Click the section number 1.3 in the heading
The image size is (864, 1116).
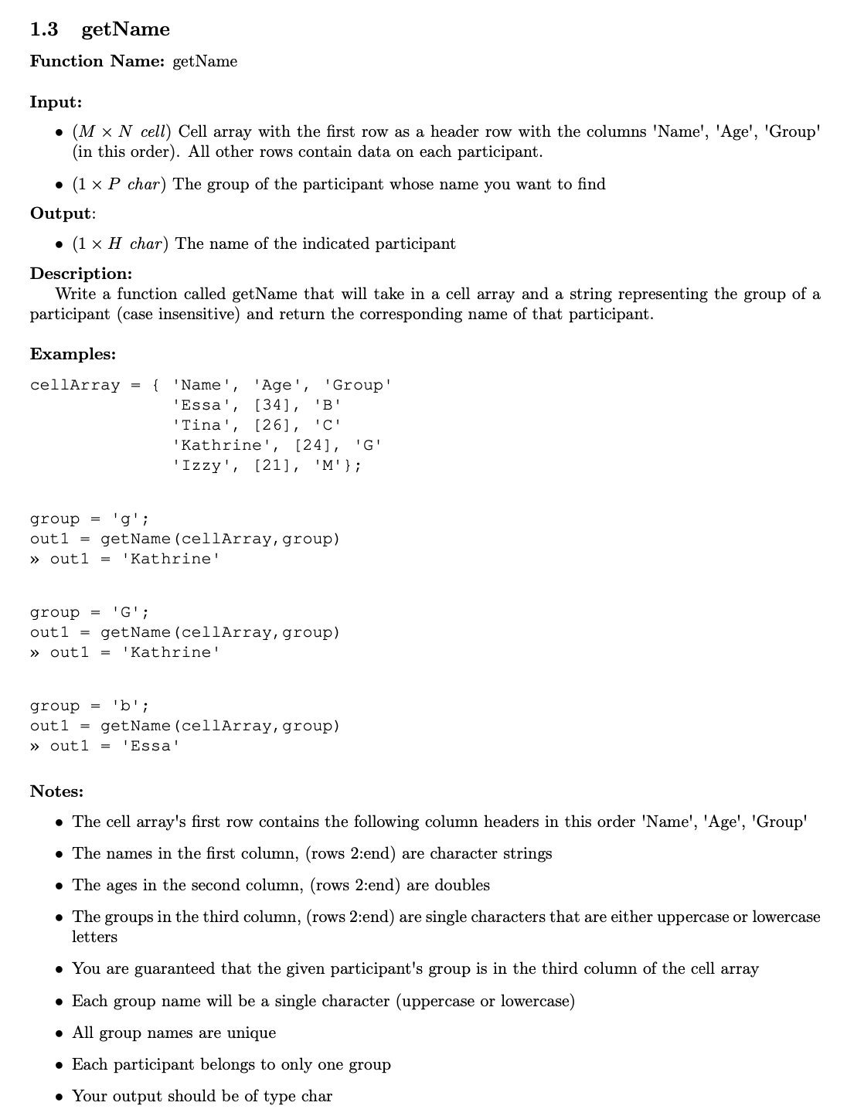point(44,29)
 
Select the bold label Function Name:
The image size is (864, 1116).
point(97,61)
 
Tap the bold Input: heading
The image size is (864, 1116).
point(56,102)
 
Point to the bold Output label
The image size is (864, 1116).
point(61,213)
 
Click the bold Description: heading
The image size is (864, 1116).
point(81,274)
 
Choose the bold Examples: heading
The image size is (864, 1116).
point(73,354)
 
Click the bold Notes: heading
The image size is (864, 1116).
point(56,791)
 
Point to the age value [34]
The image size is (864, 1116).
point(271,405)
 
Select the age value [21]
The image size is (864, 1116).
point(271,465)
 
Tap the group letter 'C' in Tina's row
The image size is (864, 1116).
point(328,425)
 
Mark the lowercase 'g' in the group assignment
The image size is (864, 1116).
point(125,519)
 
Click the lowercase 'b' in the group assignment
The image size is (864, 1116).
point(125,706)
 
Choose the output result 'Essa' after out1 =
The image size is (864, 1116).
point(151,746)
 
